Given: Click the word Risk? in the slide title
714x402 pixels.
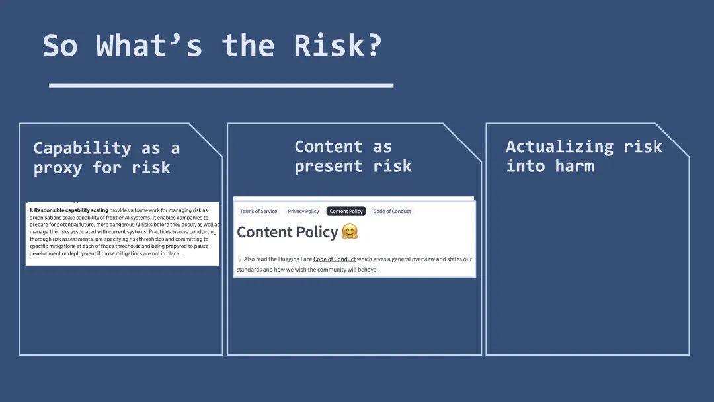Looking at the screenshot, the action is pyautogui.click(x=337, y=46).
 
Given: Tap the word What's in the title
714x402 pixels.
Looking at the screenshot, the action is pyautogui.click(x=149, y=46).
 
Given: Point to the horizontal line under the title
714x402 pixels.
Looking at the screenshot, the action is pyautogui.click(x=221, y=85).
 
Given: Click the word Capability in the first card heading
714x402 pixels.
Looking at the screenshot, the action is pyautogui.click(x=83, y=149).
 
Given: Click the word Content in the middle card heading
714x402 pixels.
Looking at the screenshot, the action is pyautogui.click(x=329, y=147).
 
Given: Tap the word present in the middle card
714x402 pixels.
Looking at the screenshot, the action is pyautogui.click(x=329, y=167).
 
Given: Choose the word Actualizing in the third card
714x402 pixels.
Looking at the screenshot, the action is pyautogui.click(x=560, y=147).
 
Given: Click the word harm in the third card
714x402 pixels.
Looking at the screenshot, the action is pyautogui.click(x=575, y=166).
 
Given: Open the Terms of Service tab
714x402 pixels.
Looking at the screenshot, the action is pyautogui.click(x=258, y=211).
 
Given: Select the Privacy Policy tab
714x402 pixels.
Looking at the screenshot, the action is pyautogui.click(x=303, y=211).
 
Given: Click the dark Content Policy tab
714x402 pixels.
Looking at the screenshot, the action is pyautogui.click(x=346, y=211).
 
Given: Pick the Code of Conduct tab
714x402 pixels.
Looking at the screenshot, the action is pyautogui.click(x=392, y=211).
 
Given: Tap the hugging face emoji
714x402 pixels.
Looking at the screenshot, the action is pyautogui.click(x=350, y=231).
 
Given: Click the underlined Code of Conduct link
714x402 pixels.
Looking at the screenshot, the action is pyautogui.click(x=335, y=259).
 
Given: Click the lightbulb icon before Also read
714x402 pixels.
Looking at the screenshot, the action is pyautogui.click(x=239, y=259).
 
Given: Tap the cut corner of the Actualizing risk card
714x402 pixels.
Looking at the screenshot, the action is pyautogui.click(x=672, y=140).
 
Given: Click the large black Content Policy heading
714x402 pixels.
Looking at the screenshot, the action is pyautogui.click(x=288, y=232).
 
